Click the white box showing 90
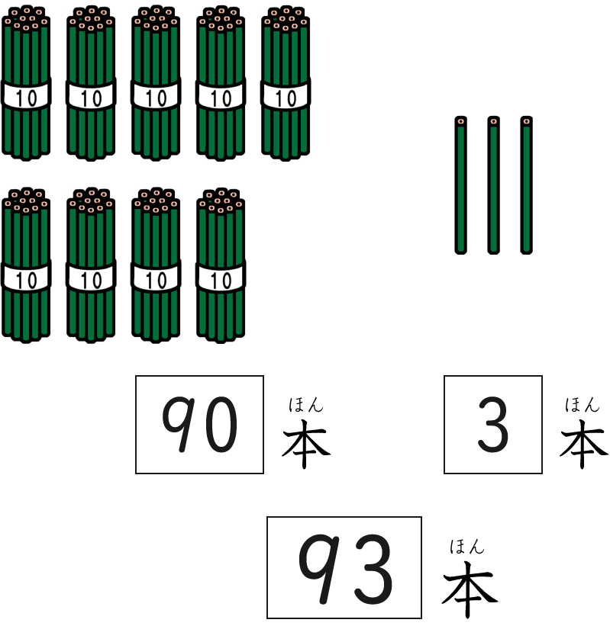(199, 425)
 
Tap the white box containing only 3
(493, 425)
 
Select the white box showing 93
(344, 567)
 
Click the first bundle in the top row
(26, 84)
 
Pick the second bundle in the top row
(91, 84)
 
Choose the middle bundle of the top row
(156, 84)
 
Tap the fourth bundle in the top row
(221, 84)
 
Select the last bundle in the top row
(286, 84)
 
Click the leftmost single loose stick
(460, 187)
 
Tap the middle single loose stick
(493, 187)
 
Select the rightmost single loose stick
(526, 187)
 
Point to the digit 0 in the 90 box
(220, 425)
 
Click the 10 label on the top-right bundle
(286, 98)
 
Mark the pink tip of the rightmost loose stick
(526, 121)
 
